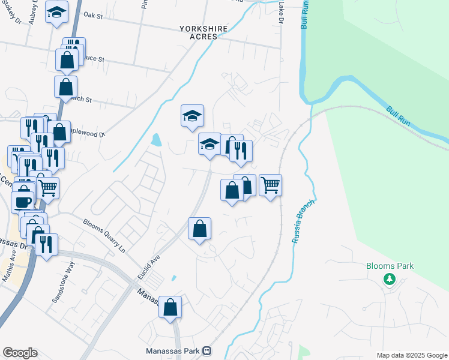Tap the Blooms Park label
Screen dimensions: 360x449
(390, 266)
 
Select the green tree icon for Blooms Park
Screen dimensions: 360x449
(390, 279)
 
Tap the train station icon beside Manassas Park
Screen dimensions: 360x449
(206, 350)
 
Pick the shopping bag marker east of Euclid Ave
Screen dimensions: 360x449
(200, 229)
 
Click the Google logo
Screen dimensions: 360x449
(20, 353)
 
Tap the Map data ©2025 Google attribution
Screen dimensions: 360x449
(412, 355)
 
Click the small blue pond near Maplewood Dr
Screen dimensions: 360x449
(157, 140)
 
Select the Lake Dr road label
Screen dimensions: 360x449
(280, 12)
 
